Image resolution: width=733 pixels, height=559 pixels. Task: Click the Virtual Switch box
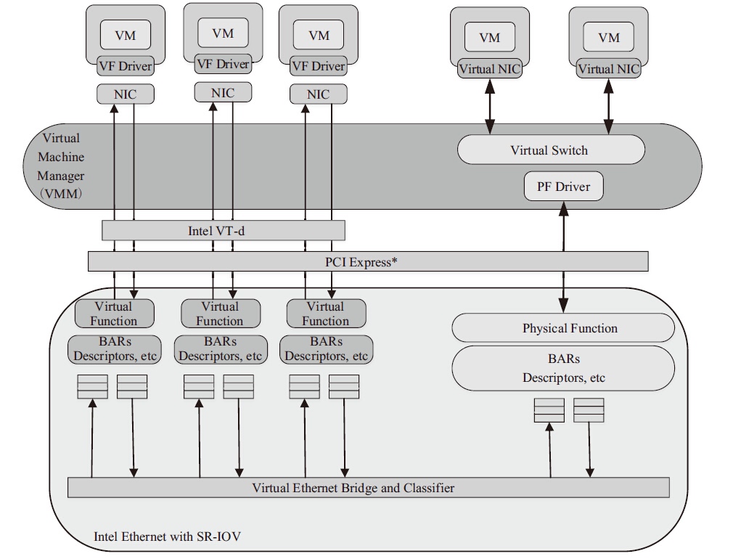coord(550,150)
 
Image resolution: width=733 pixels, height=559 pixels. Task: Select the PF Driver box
coord(564,187)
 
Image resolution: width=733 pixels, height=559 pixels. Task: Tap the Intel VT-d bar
coord(222,231)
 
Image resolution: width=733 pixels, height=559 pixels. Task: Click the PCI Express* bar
coord(367,261)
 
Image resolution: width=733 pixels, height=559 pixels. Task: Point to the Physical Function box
coord(563,328)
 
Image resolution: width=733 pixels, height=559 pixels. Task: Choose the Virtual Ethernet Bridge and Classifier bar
coord(368,488)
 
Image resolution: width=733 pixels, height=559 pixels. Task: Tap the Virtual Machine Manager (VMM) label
coord(61,166)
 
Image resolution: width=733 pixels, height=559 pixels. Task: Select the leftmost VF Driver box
coord(125,66)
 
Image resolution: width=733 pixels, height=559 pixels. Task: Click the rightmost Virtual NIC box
coord(608,69)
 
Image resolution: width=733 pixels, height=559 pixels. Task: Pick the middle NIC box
coord(223,92)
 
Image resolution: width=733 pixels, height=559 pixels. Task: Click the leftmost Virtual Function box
coord(114,314)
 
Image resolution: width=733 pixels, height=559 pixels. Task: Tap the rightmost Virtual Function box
coord(326,314)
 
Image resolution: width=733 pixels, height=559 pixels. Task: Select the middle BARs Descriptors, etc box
coord(220,349)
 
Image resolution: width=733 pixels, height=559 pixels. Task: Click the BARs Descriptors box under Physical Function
coord(563,368)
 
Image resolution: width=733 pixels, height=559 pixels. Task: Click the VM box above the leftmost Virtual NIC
coord(490,37)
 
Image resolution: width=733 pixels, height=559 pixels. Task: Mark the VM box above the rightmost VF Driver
coord(319,35)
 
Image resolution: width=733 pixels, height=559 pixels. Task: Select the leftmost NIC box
coord(125,94)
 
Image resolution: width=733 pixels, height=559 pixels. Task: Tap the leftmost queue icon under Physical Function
coord(549,410)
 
